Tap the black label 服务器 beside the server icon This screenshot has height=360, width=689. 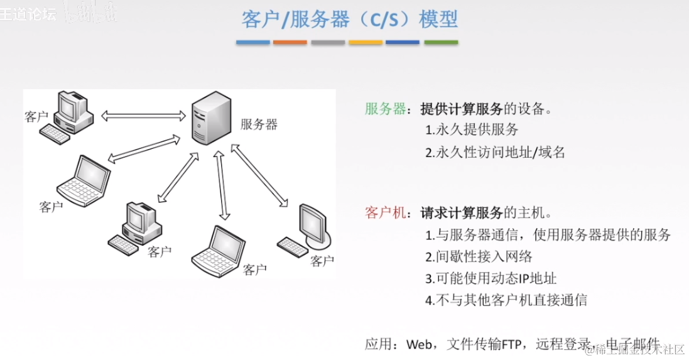point(259,124)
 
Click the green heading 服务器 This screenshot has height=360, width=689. point(386,109)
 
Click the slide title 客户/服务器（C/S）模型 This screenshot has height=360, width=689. point(349,19)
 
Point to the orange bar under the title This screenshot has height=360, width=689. point(290,42)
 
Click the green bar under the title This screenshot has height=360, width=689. point(441,42)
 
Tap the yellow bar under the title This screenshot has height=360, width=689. point(366,42)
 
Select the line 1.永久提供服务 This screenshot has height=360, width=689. point(472,130)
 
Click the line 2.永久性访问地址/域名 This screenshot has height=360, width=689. point(495,152)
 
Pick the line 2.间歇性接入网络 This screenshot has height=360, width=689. point(479,256)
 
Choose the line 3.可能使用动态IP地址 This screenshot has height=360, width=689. point(491,278)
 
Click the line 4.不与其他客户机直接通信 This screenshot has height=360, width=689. point(506,300)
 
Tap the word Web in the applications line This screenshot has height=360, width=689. point(420,344)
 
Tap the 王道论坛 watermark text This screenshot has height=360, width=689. point(28,14)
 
